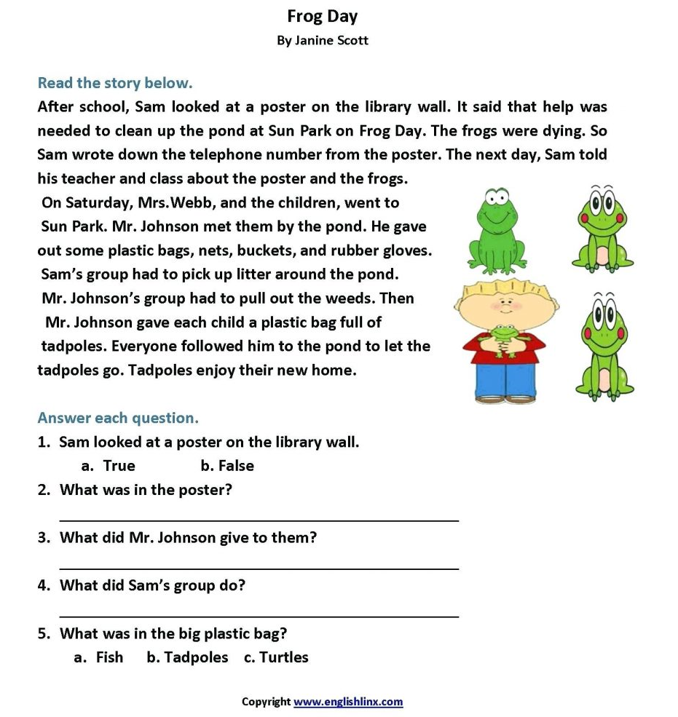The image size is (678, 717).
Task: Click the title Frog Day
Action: click(x=322, y=16)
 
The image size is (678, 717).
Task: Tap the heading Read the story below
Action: click(x=114, y=82)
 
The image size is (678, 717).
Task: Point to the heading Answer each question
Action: click(x=117, y=418)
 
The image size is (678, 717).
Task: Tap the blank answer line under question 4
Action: click(x=259, y=616)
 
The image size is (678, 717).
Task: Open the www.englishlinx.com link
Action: click(x=348, y=702)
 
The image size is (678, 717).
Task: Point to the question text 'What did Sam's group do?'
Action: click(x=152, y=585)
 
